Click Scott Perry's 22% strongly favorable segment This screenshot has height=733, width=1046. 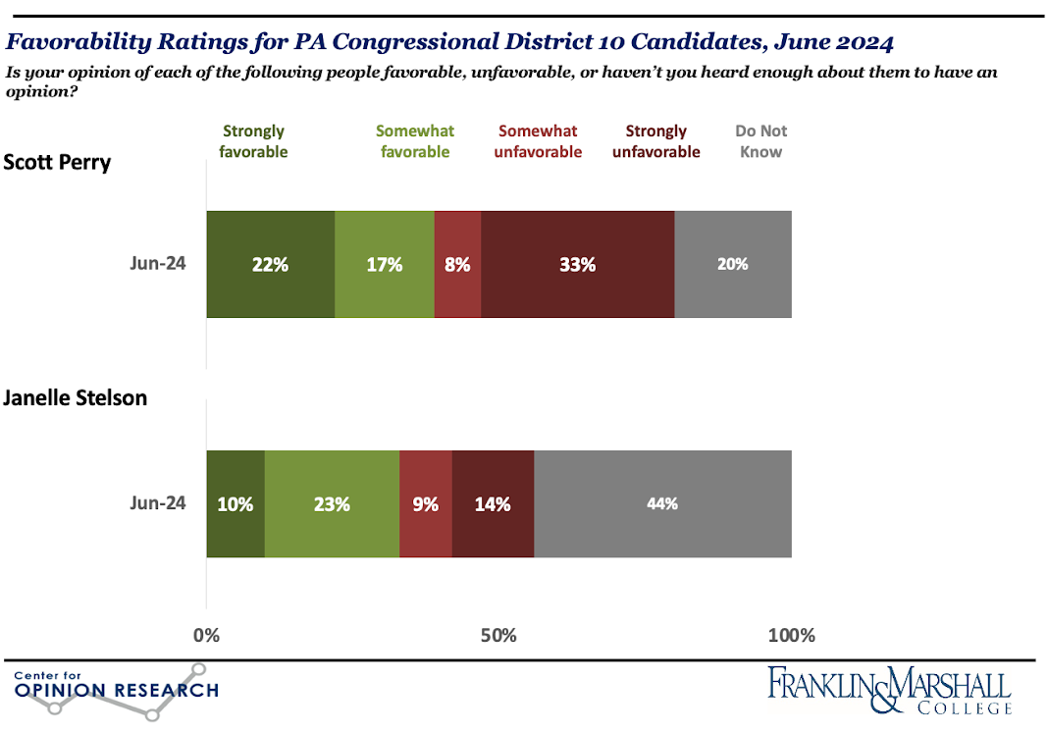coord(270,264)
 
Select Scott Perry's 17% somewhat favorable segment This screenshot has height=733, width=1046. coord(384,264)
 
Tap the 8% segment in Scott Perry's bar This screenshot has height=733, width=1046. coord(457,264)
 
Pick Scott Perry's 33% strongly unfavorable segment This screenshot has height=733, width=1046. coord(577,264)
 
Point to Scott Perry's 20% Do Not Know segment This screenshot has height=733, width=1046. coord(732,264)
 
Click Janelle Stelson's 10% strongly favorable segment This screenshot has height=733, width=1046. coord(235,504)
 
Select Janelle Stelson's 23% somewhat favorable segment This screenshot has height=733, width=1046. coord(332,504)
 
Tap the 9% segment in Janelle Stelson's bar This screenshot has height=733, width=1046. coord(426,504)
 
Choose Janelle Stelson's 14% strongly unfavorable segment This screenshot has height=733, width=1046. coord(493,504)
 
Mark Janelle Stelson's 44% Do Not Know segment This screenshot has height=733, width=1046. coord(662,504)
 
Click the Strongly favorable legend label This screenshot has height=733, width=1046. coord(254,141)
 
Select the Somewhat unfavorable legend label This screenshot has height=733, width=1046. coord(537,141)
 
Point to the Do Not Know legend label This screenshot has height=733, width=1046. coord(760,141)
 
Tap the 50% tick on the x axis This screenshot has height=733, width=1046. coord(498,635)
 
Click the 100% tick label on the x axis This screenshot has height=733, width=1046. coord(791,635)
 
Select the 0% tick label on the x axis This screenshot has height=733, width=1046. coord(207,635)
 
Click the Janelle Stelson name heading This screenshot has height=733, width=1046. coord(75,398)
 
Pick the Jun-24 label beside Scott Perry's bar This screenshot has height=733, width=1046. coord(157,264)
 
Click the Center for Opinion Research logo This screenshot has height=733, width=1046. coord(116,690)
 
